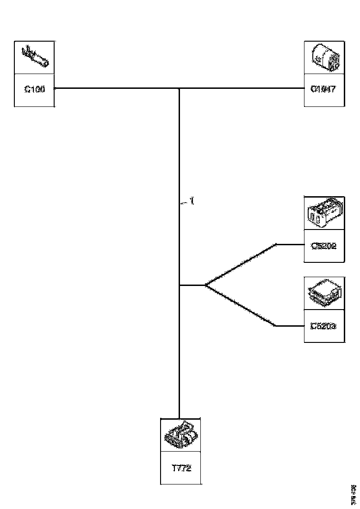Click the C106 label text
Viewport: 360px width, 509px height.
pyautogui.click(x=34, y=90)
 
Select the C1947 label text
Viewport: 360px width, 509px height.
pyautogui.click(x=323, y=90)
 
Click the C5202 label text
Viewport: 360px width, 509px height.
pyautogui.click(x=323, y=246)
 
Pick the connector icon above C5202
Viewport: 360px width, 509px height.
pyautogui.click(x=323, y=213)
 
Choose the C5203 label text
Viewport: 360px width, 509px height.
pyautogui.click(x=323, y=326)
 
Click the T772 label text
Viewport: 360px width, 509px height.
pyautogui.click(x=181, y=468)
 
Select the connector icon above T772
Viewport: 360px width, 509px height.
pyautogui.click(x=181, y=435)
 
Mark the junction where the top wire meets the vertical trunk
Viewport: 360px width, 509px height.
pyautogui.click(x=179, y=88)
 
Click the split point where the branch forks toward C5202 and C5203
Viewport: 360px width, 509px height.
pyautogui.click(x=205, y=286)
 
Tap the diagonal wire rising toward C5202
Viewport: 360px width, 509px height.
pyautogui.click(x=241, y=265)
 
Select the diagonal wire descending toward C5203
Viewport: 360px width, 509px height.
pyautogui.click(x=241, y=306)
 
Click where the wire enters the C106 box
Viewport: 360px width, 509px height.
pyautogui.click(x=55, y=88)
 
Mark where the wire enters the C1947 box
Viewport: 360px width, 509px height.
pyautogui.click(x=304, y=88)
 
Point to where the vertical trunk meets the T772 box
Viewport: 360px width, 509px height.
pyautogui.click(x=179, y=418)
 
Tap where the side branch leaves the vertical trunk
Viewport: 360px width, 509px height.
pyautogui.click(x=179, y=286)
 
